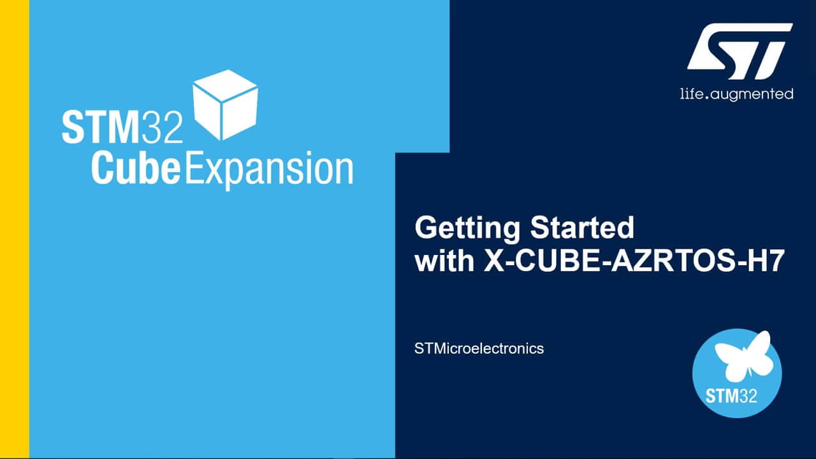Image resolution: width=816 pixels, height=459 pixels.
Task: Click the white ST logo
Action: (x=739, y=52)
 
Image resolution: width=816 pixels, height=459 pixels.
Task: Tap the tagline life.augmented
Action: (x=736, y=94)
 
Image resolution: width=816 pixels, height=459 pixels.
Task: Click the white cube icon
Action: (x=225, y=105)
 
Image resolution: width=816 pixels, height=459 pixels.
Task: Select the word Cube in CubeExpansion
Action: (x=136, y=169)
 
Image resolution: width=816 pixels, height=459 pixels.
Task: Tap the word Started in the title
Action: (x=582, y=228)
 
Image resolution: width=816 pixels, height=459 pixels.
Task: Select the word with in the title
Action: (x=444, y=261)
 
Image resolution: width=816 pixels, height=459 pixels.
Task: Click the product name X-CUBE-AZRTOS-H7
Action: (x=634, y=261)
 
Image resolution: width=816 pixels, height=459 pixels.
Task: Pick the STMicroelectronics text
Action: (x=479, y=349)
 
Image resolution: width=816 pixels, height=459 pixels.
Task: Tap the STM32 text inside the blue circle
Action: (x=731, y=396)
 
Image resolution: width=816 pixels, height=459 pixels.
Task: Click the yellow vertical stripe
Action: (x=15, y=229)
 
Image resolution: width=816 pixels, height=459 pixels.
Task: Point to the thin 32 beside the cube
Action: (x=162, y=127)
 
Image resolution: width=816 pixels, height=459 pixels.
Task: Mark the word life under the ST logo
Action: (x=690, y=94)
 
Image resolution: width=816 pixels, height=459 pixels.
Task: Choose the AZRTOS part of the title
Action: (x=673, y=261)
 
